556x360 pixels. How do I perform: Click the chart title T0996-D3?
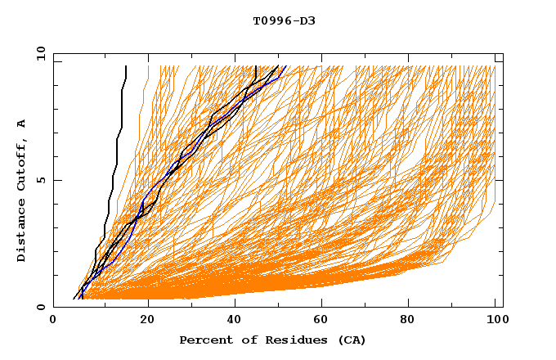[284, 21]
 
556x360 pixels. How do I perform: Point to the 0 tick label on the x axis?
[53, 323]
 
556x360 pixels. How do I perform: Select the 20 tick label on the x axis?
[141, 323]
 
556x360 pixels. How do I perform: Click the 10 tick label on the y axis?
[39, 53]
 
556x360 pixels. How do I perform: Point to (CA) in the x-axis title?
[350, 340]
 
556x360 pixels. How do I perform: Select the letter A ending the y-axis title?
[22, 124]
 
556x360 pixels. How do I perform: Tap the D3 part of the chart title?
[306, 21]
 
